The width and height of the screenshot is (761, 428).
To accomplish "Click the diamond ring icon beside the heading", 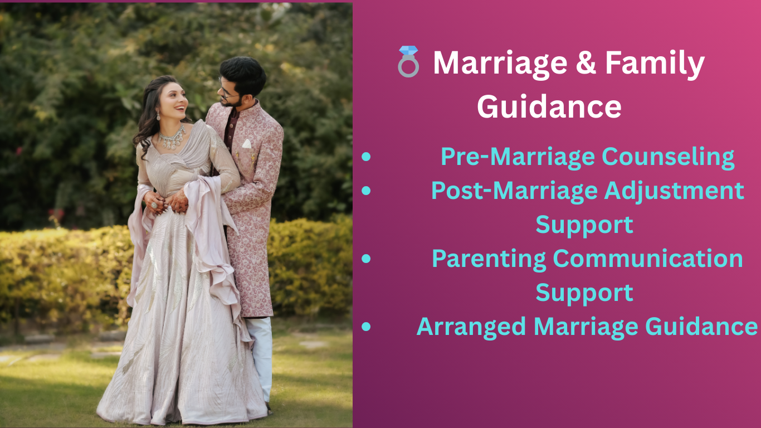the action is tap(408, 61).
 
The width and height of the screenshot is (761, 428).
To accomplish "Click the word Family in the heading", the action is tap(655, 64).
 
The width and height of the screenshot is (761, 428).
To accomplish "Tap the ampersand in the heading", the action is tap(586, 62).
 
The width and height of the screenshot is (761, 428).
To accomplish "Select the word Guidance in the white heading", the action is tap(549, 106).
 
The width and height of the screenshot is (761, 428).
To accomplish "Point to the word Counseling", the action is tap(669, 157).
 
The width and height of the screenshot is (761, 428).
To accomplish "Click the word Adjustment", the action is tap(674, 191).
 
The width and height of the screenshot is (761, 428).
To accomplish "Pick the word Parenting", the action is tap(489, 259).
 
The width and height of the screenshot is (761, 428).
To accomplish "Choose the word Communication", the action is tap(648, 259).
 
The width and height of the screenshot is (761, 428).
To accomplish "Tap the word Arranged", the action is tap(471, 327).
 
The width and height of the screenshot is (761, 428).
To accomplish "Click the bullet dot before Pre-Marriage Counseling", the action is tap(366, 157).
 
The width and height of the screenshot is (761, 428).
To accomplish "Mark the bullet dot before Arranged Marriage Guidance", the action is tap(366, 327).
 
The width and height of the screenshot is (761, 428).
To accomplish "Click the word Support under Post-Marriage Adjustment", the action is tap(584, 225).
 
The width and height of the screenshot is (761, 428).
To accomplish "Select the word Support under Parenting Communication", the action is tap(584, 293).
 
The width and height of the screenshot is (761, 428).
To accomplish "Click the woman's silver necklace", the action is tap(172, 138).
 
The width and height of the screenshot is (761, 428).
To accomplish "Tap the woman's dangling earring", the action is tap(158, 115).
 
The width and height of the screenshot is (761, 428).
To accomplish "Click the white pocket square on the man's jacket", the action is tap(247, 144).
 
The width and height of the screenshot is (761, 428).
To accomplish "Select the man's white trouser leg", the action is tap(261, 357).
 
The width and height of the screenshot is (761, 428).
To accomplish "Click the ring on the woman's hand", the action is tap(154, 205).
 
